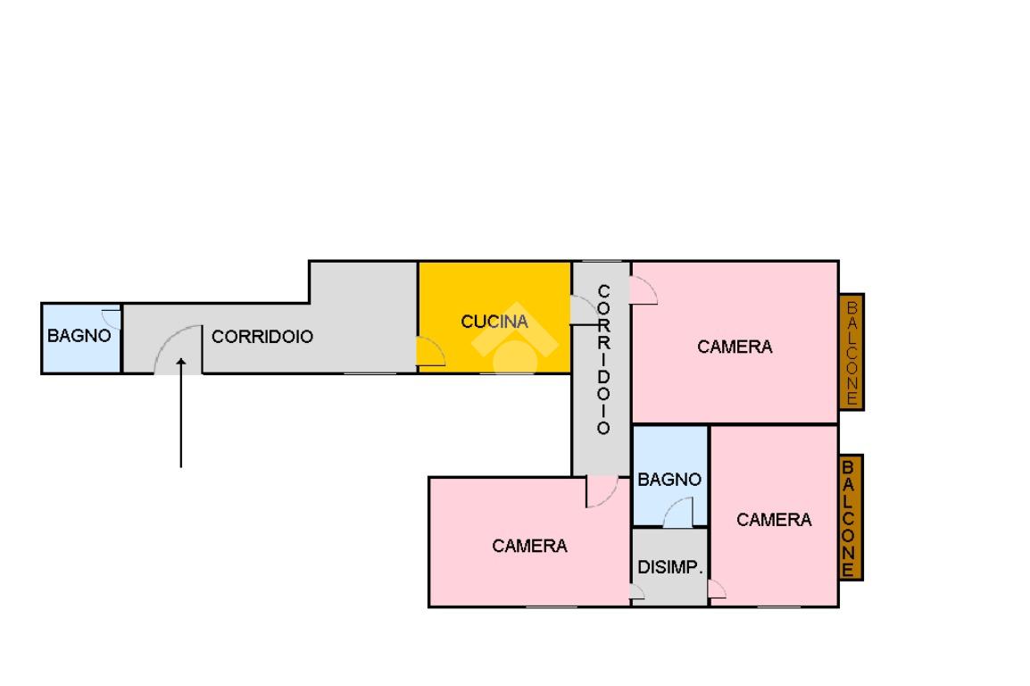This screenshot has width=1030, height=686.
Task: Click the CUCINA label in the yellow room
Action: pos(494,322)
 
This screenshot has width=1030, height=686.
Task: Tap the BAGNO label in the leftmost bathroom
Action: pos(79,336)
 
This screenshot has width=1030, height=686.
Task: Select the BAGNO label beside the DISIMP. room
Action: pos(669,480)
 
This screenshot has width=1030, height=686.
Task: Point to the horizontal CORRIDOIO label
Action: pos(262,337)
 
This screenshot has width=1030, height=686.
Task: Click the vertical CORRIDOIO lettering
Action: pos(603,359)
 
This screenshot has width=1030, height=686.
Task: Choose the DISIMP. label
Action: pos(670,567)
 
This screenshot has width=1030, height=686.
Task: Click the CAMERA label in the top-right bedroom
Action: pos(735,347)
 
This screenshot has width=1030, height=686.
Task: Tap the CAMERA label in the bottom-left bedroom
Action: pos(529,546)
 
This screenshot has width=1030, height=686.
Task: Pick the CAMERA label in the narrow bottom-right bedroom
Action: pos(774,520)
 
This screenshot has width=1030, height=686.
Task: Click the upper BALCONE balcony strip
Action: pos(851,352)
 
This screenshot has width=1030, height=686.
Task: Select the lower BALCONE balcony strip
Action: pos(850,518)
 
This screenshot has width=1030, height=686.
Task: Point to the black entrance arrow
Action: pos(180,413)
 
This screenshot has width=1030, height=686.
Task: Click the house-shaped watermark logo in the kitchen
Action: pos(515,338)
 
